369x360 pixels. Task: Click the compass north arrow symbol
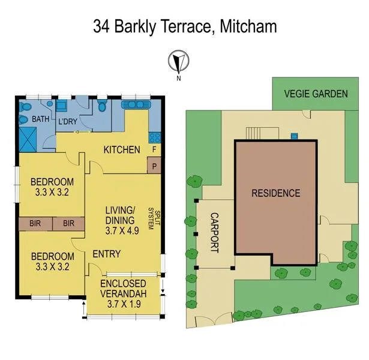coord(178,61)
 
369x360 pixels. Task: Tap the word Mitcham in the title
coord(248,27)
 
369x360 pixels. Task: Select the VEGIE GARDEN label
coord(316,94)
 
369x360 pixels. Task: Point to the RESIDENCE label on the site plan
coord(275,193)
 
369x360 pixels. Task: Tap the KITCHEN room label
coord(122,149)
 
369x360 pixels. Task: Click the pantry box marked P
coord(155,165)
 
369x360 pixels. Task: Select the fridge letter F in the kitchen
coord(155,149)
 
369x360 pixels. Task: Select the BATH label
coord(40,119)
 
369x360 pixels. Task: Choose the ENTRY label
coord(107,254)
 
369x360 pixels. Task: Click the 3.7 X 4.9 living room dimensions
coord(121,229)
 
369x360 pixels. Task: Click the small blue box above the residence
coord(293,136)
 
